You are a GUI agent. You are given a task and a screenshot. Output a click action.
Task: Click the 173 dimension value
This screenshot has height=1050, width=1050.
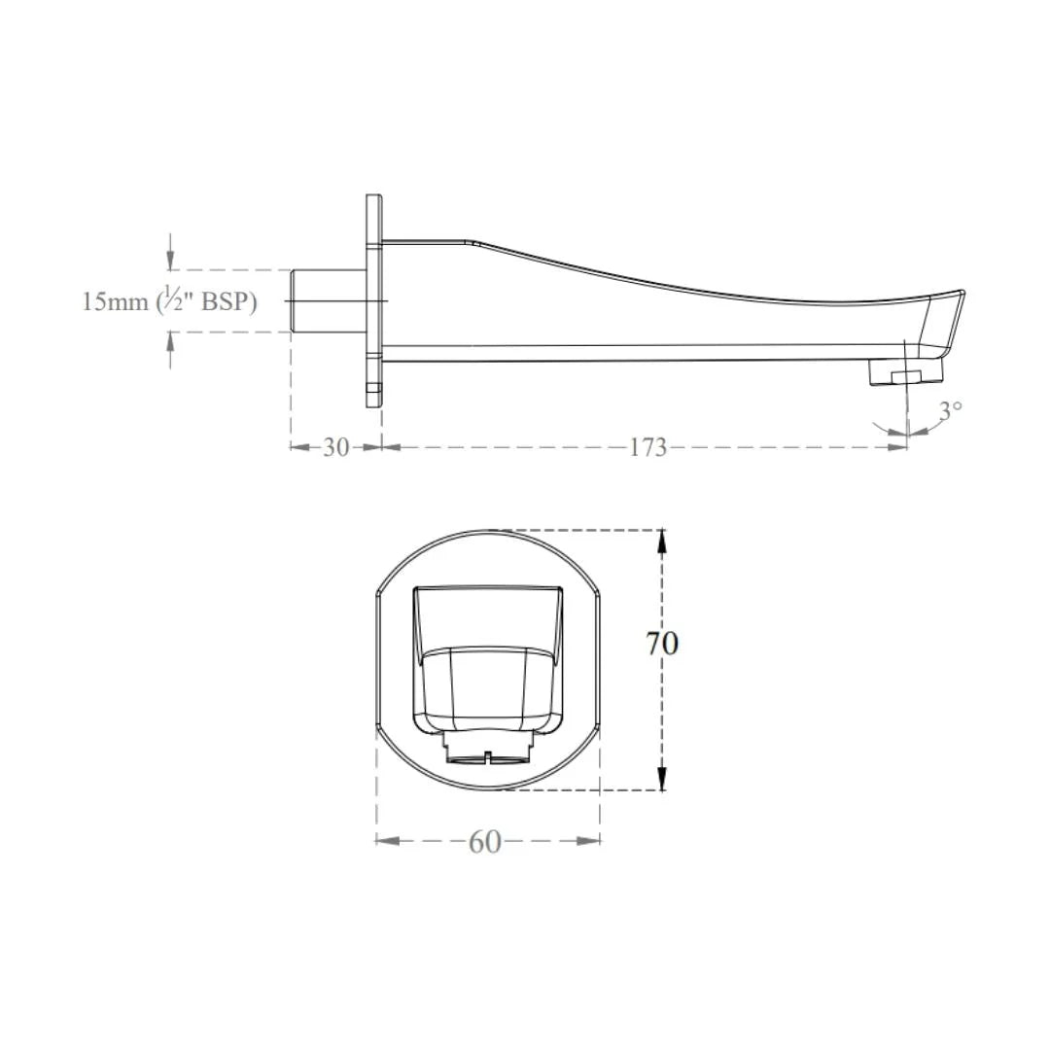point(648,446)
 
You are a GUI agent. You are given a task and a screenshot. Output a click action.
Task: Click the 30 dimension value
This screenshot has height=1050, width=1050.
point(336,446)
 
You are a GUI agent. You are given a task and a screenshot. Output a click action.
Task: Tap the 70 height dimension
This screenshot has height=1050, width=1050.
point(662,644)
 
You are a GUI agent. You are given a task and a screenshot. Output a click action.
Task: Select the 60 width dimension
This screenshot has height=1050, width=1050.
point(485,842)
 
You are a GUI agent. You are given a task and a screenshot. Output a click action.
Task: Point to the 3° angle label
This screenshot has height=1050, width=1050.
point(950,410)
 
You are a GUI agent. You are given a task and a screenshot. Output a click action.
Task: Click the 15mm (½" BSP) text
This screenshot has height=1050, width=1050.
point(169,301)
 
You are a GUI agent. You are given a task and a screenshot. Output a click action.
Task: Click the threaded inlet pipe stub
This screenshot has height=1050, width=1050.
point(329,300)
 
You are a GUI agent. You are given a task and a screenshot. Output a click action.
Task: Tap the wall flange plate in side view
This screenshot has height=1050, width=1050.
point(374,300)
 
